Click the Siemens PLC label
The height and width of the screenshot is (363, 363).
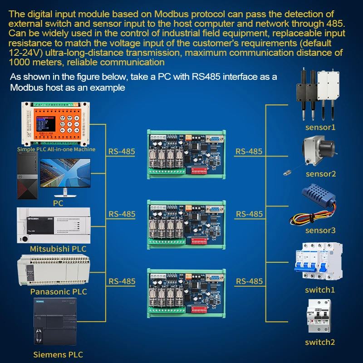[58, 354]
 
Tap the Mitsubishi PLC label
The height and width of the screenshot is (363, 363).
[58, 249]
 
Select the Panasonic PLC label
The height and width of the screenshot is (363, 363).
[59, 291]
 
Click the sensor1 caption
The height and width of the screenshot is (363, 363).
[320, 127]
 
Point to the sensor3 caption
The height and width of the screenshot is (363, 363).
[320, 231]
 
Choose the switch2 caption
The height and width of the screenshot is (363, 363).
[320, 342]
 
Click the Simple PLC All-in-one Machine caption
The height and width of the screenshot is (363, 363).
[56, 149]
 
